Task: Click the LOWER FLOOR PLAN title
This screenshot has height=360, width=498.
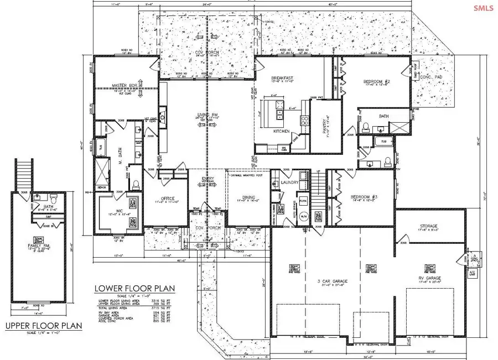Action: (x=135, y=288)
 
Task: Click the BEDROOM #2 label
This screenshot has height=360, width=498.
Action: (x=377, y=81)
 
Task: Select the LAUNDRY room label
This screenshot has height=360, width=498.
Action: (x=290, y=182)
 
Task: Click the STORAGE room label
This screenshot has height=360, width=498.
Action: (x=428, y=226)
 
